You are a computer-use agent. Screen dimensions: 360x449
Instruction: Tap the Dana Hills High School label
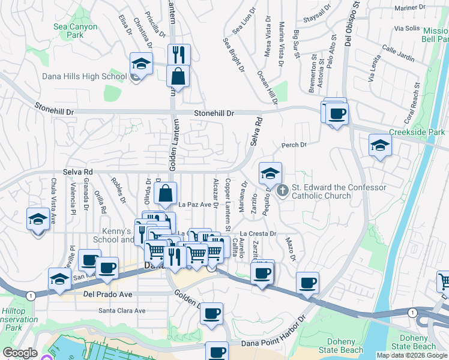pos(84,76)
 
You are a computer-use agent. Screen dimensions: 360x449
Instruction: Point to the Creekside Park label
pos(417,132)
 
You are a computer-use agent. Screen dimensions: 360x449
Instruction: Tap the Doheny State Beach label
pos(414,341)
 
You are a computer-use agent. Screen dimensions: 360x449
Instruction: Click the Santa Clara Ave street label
pos(122,311)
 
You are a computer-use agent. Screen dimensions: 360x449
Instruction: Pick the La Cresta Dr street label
pos(258,233)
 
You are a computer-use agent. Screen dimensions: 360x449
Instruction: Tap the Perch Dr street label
pos(294,145)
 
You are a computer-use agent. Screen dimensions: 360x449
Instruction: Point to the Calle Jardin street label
pos(398,53)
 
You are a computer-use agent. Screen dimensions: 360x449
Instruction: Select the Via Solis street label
pos(407,28)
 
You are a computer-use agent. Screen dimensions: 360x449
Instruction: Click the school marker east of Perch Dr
pos(379,146)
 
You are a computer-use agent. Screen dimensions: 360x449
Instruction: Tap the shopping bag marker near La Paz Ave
pos(165,194)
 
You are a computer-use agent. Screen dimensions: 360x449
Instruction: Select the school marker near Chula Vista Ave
pos(38,219)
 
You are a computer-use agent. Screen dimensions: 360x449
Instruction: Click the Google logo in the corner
pos(20,353)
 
